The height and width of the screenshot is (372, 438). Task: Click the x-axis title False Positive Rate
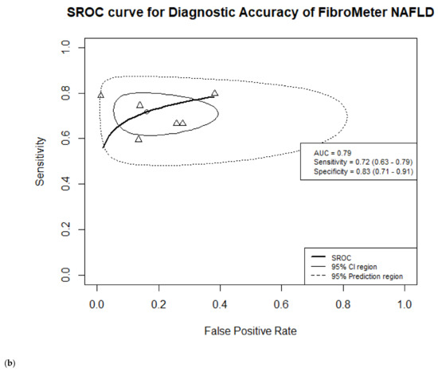coord(250,328)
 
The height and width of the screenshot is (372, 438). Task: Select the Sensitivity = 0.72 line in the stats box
coord(361,162)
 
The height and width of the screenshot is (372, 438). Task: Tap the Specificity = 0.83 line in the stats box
coord(361,172)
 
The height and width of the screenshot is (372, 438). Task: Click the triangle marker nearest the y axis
coord(100,96)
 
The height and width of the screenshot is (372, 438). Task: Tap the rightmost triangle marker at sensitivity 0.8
coord(214,93)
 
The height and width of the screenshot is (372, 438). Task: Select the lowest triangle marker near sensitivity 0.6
coord(139,139)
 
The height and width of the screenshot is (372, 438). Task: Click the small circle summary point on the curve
coord(147,112)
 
